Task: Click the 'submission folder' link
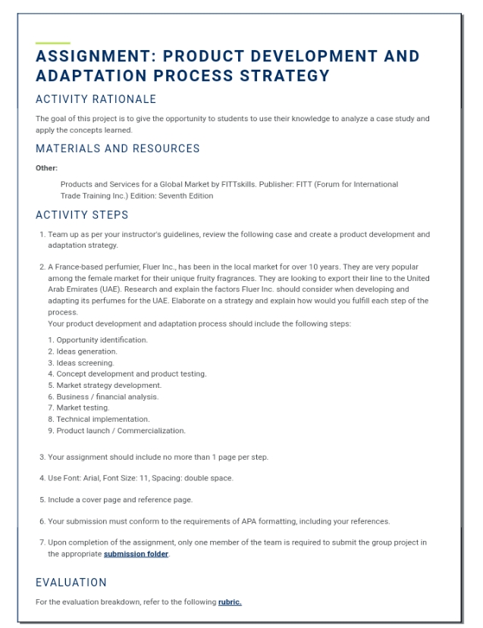point(136,554)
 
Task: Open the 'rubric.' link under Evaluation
point(229,601)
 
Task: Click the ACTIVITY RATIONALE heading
point(96,99)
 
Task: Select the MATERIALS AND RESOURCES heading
point(118,148)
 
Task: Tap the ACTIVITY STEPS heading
point(83,215)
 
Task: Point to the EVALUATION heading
point(71,583)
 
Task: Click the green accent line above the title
point(53,43)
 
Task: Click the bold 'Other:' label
point(47,167)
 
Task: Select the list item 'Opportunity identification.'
point(102,340)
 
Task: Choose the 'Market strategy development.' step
point(108,385)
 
